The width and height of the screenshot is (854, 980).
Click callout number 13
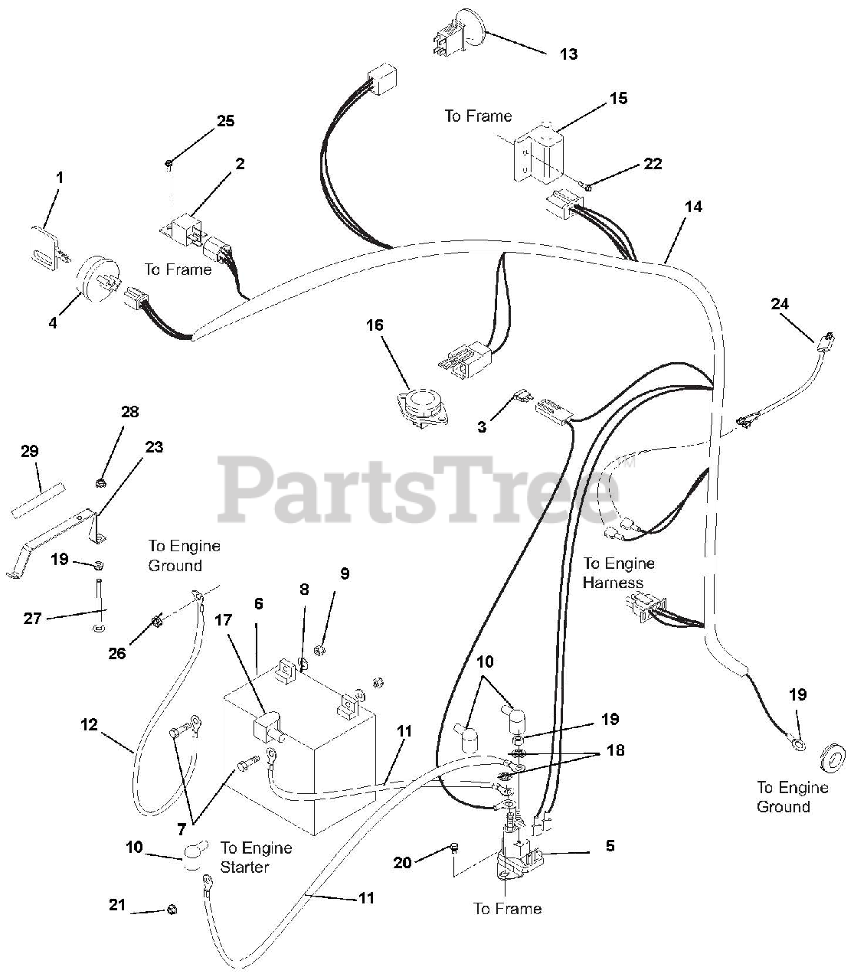568,54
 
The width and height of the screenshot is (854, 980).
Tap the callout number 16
375,325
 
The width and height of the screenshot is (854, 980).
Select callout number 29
29,452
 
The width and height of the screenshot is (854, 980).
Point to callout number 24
780,304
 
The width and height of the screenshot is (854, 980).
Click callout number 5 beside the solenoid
610,846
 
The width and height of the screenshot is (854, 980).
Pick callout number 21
116,906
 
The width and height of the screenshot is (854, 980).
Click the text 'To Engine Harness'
619,573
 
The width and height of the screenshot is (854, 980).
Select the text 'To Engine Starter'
256,857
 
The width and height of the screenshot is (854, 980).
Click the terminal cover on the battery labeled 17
266,728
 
